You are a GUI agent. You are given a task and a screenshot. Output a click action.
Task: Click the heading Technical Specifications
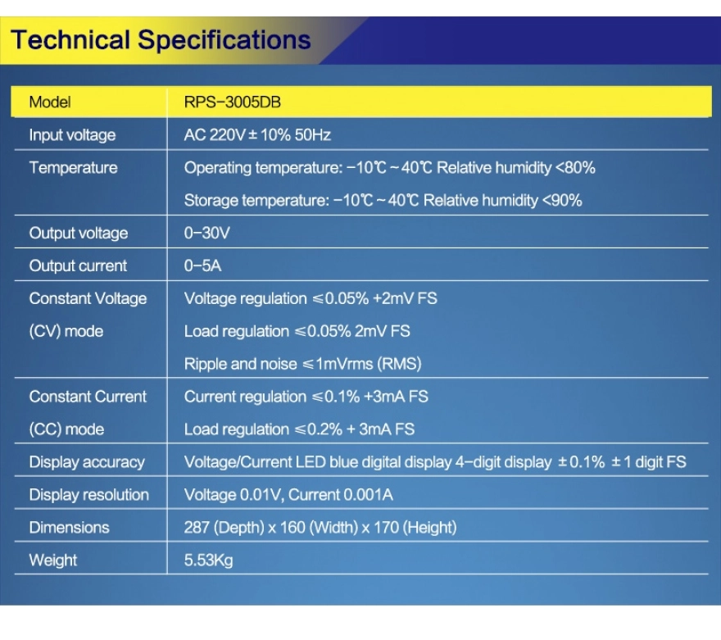[161, 40]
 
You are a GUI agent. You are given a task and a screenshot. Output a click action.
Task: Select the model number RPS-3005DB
[232, 102]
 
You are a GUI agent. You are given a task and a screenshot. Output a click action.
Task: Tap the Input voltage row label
[72, 135]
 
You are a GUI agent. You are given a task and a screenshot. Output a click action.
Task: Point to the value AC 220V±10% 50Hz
[257, 134]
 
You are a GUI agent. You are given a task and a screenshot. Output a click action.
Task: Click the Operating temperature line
[389, 168]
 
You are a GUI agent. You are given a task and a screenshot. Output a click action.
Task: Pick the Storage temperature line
[383, 201]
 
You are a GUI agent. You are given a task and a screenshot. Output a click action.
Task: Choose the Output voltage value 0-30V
[206, 233]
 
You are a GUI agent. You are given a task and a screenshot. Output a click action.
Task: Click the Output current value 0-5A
[202, 266]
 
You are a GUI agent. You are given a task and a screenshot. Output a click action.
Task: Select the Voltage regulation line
[311, 299]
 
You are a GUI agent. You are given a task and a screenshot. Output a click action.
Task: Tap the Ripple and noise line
[302, 364]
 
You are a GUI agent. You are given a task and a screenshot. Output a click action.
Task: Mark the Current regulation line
[306, 397]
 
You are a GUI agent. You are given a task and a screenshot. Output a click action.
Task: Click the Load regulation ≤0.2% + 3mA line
[299, 429]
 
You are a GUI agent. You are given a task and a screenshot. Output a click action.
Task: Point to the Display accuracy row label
[87, 462]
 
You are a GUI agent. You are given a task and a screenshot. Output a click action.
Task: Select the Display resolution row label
[88, 495]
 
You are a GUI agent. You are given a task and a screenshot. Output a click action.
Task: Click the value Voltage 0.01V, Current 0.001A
[288, 495]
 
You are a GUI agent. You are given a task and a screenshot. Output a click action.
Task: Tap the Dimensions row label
[69, 528]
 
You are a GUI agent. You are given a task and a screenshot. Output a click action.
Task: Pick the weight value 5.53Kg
[208, 561]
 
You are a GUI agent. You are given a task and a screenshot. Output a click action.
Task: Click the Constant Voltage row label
[88, 299]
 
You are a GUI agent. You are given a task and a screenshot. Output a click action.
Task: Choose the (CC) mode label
[66, 429]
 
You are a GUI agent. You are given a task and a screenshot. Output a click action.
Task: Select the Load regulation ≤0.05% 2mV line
[297, 332]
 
